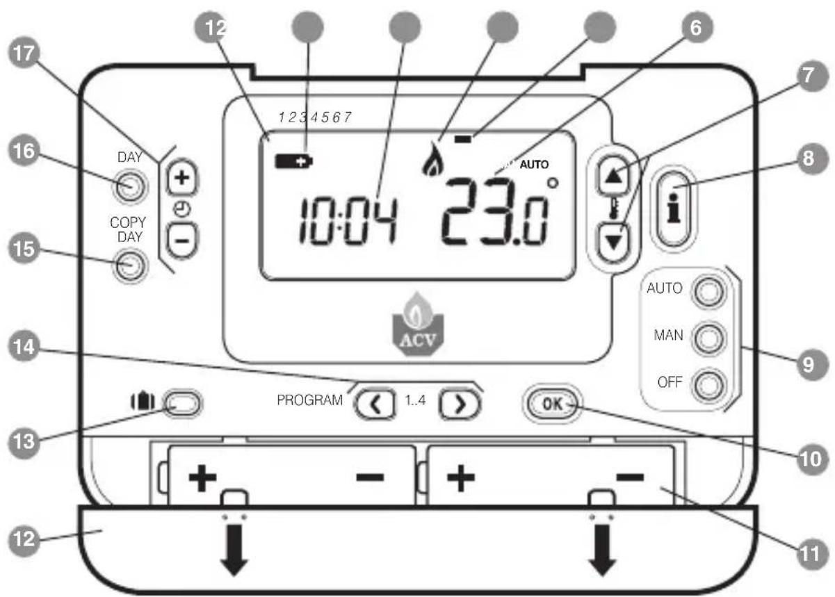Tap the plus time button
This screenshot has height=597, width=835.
[182, 178]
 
